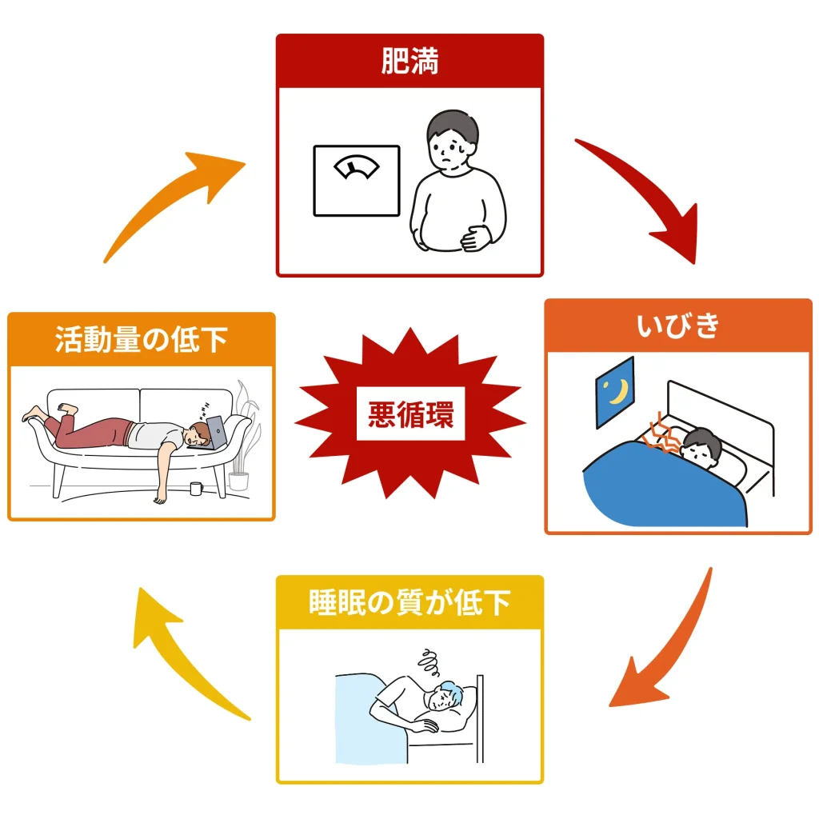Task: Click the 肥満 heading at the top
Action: point(409,62)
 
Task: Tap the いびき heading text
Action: point(678,326)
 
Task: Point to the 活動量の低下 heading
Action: point(142,339)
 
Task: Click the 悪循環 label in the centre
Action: point(410,416)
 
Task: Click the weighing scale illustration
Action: point(356,180)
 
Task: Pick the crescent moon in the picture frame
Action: point(616,392)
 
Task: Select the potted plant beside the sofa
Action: point(243,448)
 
